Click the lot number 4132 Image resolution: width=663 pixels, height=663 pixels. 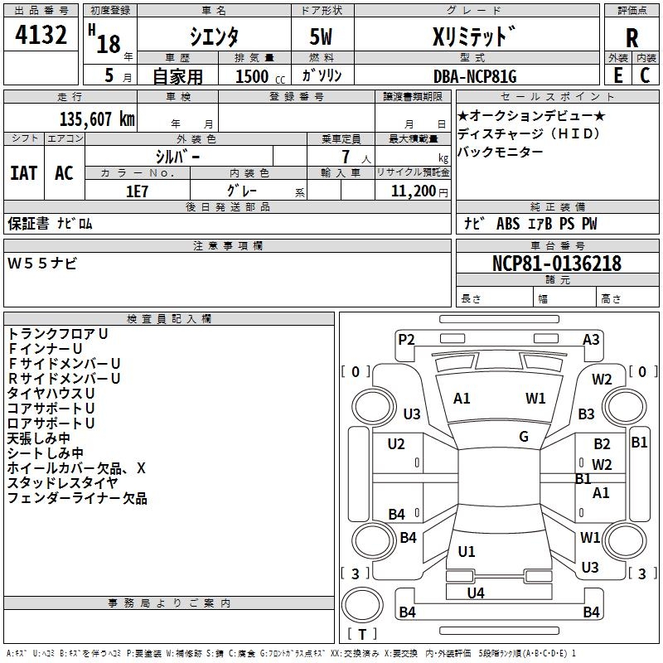pos(41,35)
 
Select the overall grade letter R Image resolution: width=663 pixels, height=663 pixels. pos(632,38)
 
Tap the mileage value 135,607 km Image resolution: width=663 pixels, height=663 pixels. pos(97,119)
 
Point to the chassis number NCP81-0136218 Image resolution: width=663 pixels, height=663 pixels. pos(557,264)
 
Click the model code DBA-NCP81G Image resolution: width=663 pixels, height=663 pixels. pos(475,76)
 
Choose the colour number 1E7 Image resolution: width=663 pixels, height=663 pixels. pos(137,191)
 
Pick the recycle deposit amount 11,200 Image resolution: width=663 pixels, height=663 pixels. pos(413,191)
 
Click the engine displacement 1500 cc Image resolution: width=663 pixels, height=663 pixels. pos(260,76)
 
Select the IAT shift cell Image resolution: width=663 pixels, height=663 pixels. pos(24,173)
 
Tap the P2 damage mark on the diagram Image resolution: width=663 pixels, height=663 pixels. pos(406,340)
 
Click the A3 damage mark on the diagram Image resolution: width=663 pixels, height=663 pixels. pos(591,340)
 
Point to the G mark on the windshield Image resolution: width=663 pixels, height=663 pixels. pos(524,437)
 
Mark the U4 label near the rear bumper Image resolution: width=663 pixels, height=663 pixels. pos(476,593)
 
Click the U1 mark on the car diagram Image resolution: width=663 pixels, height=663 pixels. pos(467,552)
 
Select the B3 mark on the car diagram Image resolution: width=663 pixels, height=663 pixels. pos(586,414)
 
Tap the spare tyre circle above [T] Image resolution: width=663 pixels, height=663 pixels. pos(362,605)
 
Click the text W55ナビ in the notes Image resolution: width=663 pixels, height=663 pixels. pos(42,264)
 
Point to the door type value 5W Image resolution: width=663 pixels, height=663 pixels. pos(321,36)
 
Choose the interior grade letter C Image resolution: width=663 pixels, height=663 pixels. pos(645,75)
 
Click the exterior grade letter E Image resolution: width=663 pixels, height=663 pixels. pos(618,75)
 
